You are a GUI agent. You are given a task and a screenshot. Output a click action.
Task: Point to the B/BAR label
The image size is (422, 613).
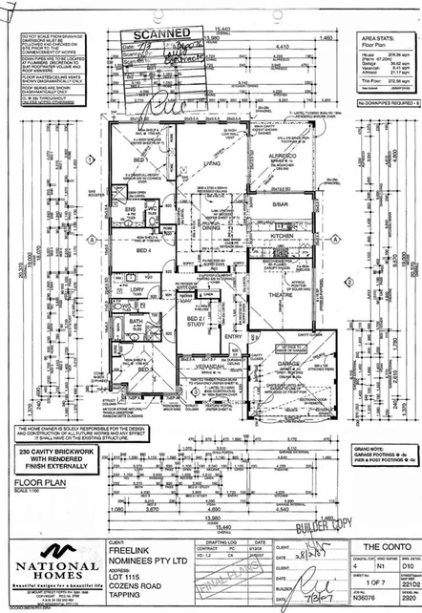tap(280, 204)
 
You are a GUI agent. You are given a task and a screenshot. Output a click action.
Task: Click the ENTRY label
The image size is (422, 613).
tap(233, 336)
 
